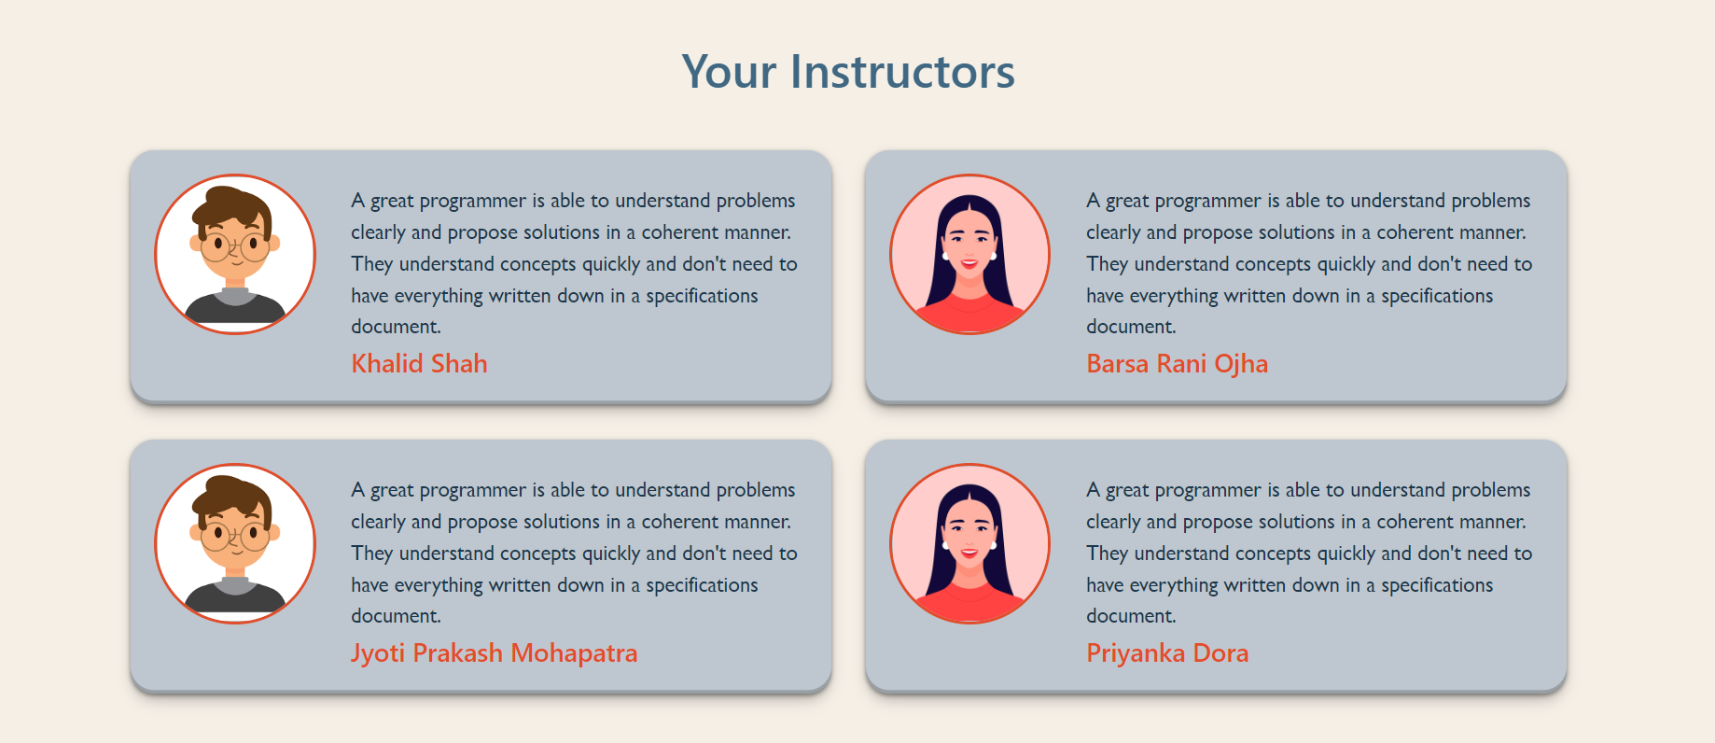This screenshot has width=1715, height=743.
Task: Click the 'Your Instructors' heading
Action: tap(847, 72)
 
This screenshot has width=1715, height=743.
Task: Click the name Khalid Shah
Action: tap(419, 363)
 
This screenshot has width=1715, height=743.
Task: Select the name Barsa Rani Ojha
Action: tap(1177, 363)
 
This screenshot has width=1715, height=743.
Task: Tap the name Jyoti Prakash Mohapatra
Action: tap(494, 652)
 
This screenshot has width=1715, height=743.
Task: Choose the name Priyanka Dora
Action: tap(1166, 652)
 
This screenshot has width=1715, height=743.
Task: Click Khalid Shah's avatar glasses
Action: tap(235, 247)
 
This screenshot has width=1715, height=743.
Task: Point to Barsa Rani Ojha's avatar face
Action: tap(969, 243)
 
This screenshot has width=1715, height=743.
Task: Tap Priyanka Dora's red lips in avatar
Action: tap(969, 554)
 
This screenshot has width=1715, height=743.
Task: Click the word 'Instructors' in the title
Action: tap(902, 72)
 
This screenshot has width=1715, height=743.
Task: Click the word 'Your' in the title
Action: tap(729, 72)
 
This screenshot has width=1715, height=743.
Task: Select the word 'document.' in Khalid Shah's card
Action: tap(396, 327)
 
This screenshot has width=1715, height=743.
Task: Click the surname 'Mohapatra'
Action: tap(574, 652)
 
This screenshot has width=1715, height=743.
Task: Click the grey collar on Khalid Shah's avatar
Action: tap(235, 296)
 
